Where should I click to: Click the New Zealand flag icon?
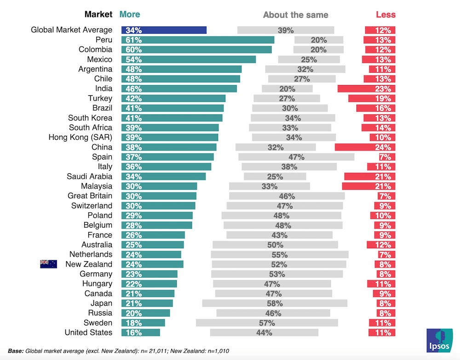[48, 264]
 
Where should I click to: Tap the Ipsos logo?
[439, 340]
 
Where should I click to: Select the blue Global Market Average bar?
[164, 30]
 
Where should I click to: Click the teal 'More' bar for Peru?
[198, 40]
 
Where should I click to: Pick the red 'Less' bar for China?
[365, 147]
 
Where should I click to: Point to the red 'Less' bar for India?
[367, 89]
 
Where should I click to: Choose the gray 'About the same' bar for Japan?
[275, 303]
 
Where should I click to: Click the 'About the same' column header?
[295, 15]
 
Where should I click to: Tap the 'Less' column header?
[385, 14]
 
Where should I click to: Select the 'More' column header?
[130, 14]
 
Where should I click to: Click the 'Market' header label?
[98, 14]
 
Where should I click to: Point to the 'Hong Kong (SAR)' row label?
[80, 137]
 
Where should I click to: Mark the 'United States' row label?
[88, 332]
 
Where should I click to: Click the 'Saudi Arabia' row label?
[89, 177]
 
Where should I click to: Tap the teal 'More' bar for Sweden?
[143, 323]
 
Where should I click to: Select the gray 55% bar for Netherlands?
[280, 254]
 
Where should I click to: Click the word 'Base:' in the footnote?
[16, 351]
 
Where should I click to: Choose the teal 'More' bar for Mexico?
[189, 59]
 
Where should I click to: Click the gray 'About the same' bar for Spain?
[296, 157]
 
